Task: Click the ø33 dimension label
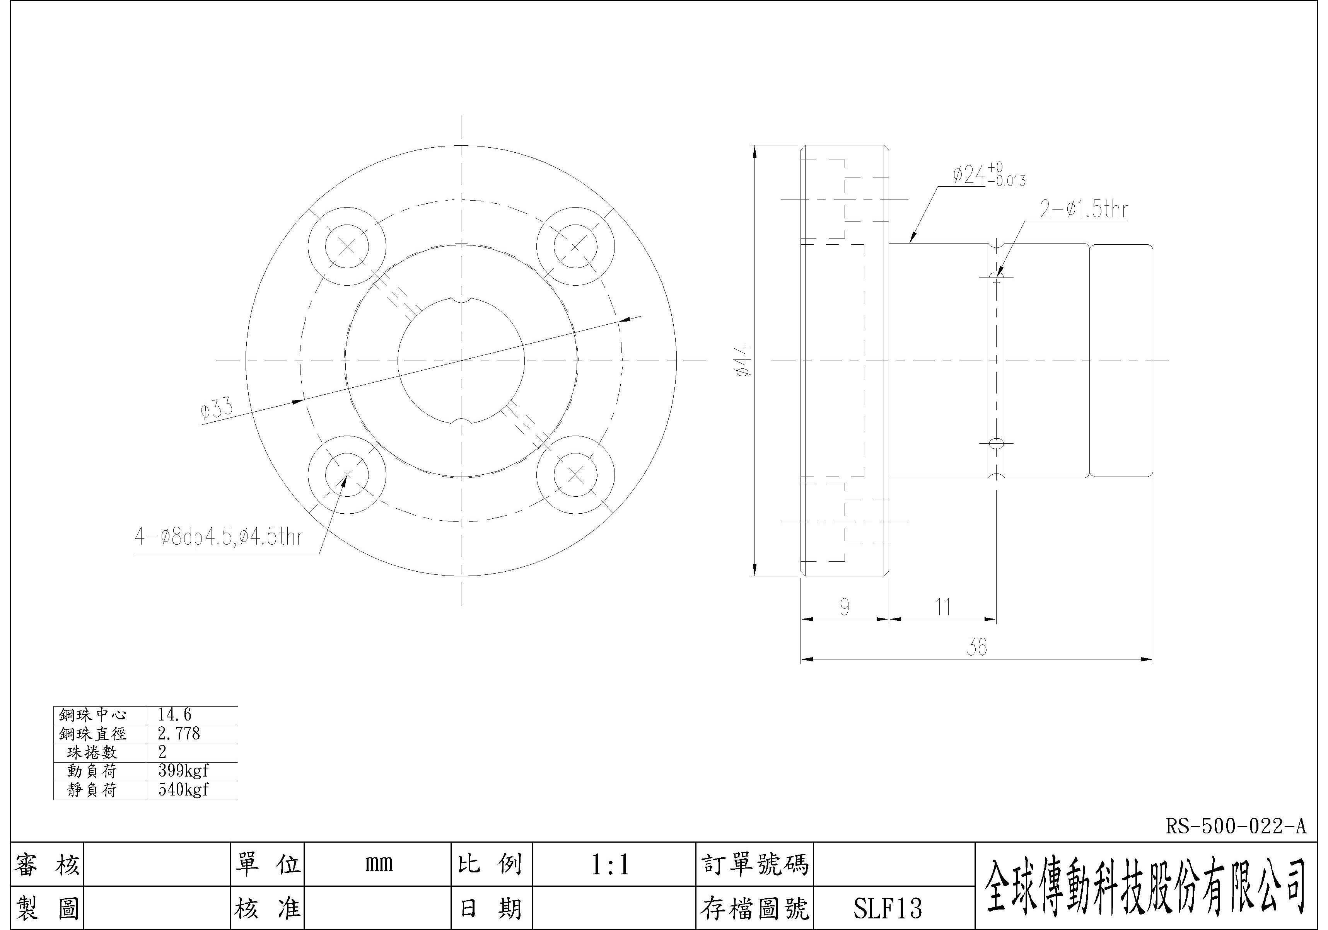click(217, 409)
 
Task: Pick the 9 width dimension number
click(845, 607)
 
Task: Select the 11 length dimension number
click(943, 607)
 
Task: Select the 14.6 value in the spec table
click(175, 715)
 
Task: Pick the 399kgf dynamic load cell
click(183, 770)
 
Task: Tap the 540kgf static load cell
click(183, 790)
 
